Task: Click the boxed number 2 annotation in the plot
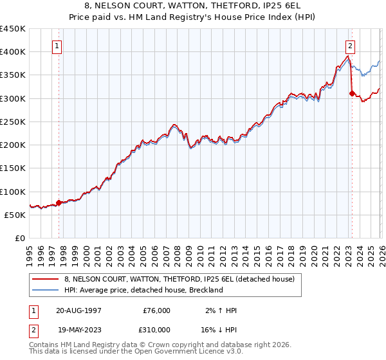pyautogui.click(x=351, y=46)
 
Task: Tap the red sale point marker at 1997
pyautogui.click(x=59, y=203)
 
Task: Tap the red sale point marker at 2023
pyautogui.click(x=351, y=94)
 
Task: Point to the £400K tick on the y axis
pyautogui.click(x=13, y=52)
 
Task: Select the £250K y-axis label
pyautogui.click(x=13, y=122)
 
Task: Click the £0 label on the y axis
pyautogui.click(x=19, y=239)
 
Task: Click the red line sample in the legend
pyautogui.click(x=44, y=280)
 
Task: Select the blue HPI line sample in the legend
pyautogui.click(x=44, y=290)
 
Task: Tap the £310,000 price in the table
pyautogui.click(x=156, y=330)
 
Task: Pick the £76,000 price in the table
pyautogui.click(x=156, y=310)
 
